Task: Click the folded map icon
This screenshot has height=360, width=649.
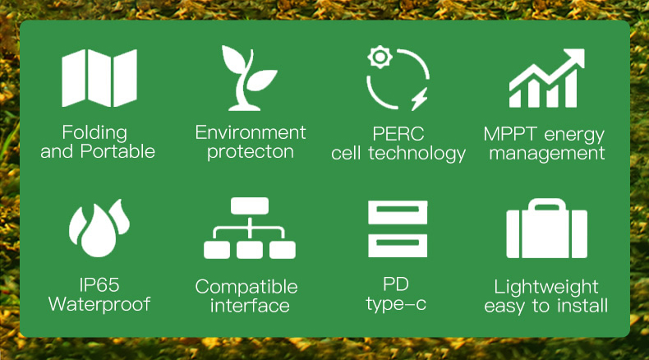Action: click(99, 78)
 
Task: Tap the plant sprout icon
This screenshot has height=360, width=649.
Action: click(249, 78)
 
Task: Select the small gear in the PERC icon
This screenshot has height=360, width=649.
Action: click(380, 58)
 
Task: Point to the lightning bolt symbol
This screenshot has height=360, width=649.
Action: click(420, 99)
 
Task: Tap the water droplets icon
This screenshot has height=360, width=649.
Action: click(99, 228)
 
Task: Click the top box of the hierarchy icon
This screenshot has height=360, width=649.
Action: click(250, 206)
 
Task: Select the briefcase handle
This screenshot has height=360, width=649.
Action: click(547, 205)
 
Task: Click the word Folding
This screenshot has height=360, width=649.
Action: click(94, 133)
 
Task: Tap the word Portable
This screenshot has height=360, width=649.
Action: click(117, 151)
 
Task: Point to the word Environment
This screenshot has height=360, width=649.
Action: click(251, 132)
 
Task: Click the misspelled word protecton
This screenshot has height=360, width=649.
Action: click(251, 152)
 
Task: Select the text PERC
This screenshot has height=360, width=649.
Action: click(398, 134)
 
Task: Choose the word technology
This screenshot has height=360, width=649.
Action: click(417, 154)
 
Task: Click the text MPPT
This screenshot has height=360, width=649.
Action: click(510, 134)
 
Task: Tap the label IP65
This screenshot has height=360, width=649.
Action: click(99, 285)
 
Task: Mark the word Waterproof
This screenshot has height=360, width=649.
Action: click(99, 304)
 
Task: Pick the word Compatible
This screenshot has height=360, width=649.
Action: click(246, 287)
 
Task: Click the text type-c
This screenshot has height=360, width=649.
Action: click(396, 304)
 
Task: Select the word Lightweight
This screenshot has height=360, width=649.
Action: click(546, 287)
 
